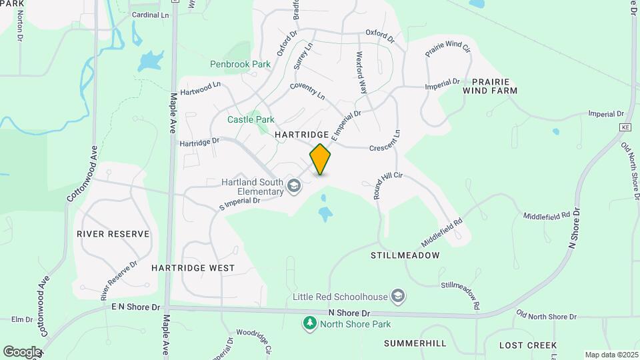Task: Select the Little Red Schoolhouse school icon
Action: point(398,296)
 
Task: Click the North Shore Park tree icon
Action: point(309,324)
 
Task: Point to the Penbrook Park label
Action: point(240,65)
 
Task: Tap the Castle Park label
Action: point(251,119)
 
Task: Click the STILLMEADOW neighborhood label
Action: point(405,255)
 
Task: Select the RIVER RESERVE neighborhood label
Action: point(113,234)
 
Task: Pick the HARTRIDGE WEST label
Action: point(193,268)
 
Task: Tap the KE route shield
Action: point(625,127)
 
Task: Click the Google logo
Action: point(22,351)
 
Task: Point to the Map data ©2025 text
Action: point(611,355)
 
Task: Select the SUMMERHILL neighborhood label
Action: point(415,343)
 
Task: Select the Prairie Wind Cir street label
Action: point(448,49)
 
